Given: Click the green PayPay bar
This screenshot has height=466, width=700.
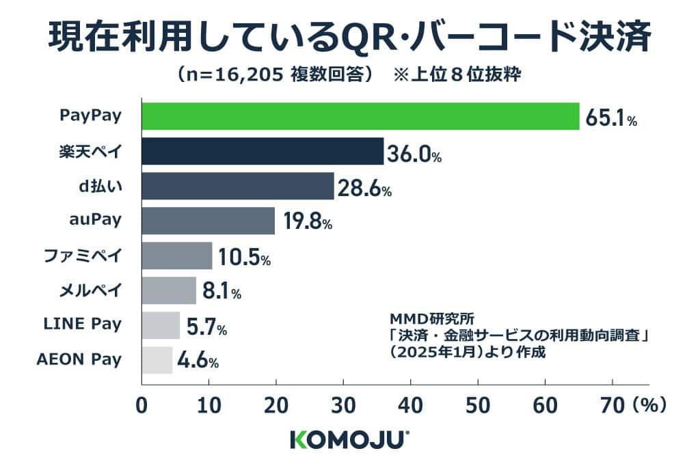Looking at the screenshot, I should click(360, 116).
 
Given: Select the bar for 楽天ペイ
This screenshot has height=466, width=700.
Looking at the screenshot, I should click(262, 151).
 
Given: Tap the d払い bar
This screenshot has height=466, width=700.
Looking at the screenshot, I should click(237, 186).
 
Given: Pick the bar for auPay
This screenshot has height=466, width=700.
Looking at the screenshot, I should click(208, 221).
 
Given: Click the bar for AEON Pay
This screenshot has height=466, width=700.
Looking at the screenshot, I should click(157, 360).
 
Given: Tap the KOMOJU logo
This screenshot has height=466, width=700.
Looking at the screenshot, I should click(349, 439).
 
